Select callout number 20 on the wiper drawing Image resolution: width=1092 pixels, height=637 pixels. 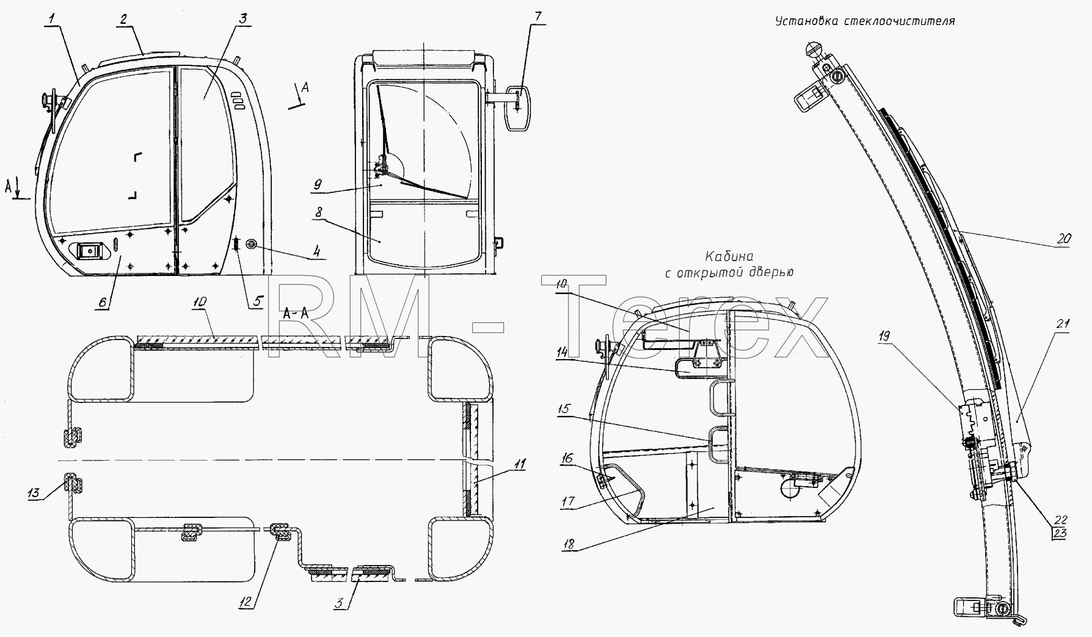[x=1063, y=240]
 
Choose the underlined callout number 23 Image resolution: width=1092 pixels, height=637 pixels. [x=1060, y=534]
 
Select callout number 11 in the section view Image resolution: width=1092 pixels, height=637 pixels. [x=519, y=465]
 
